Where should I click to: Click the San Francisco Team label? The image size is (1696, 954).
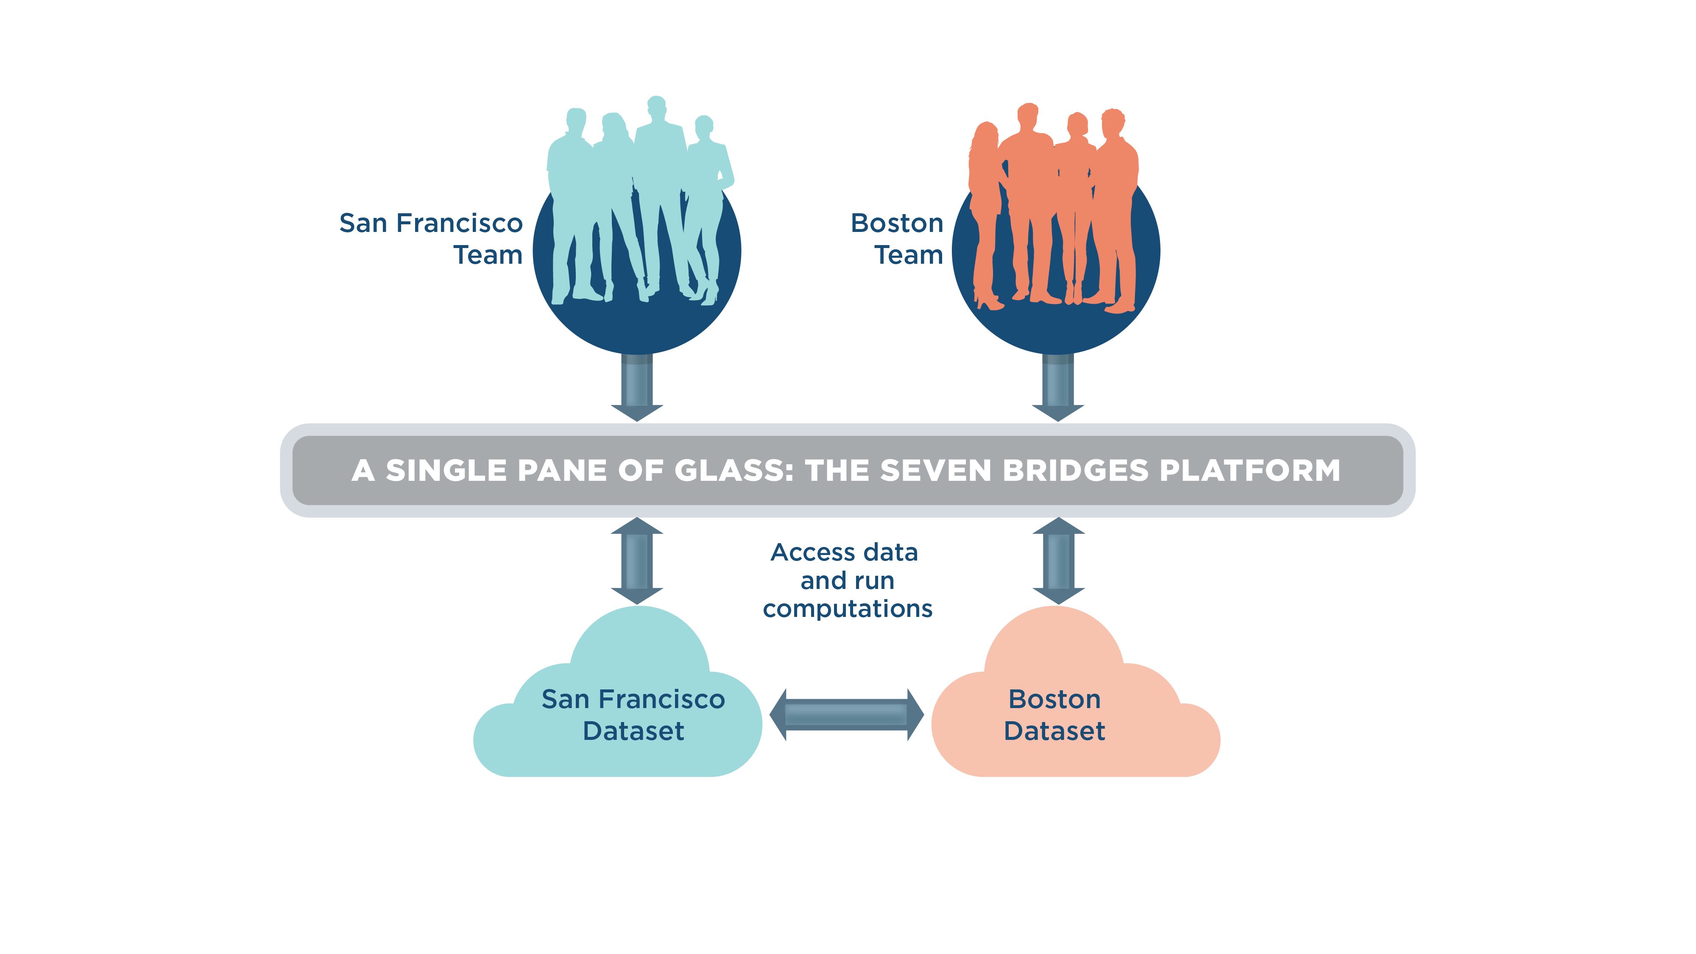[431, 238]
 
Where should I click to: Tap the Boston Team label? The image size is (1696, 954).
[897, 238]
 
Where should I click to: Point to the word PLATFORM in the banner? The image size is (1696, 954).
[1250, 470]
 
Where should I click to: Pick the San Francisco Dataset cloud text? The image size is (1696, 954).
[633, 715]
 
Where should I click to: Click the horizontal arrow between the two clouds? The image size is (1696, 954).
[847, 714]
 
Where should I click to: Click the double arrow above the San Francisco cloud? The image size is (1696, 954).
[637, 561]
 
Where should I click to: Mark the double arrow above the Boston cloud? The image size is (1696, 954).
[1058, 561]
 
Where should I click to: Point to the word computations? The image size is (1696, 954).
[847, 609]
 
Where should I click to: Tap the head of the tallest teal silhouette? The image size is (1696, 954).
[656, 105]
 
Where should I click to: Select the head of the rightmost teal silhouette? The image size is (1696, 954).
[704, 125]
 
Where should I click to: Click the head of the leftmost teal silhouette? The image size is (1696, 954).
[576, 119]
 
